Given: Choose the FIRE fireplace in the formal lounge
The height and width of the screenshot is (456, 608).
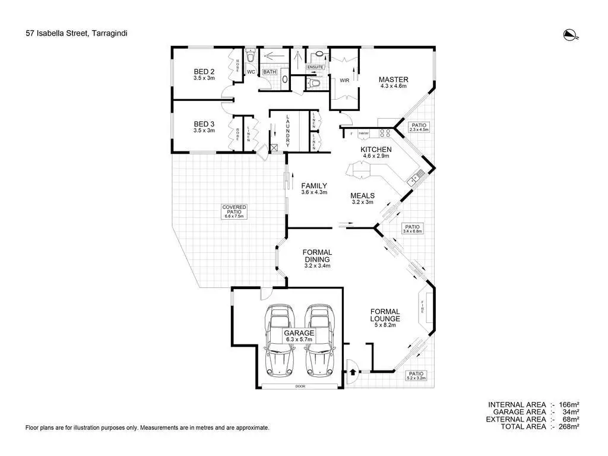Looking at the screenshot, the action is [x=423, y=308].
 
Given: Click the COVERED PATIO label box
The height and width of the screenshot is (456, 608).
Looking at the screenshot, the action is [x=235, y=212].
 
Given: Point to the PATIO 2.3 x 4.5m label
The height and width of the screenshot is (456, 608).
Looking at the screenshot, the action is [x=419, y=127].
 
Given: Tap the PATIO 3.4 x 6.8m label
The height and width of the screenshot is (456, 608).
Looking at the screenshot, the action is [x=412, y=229].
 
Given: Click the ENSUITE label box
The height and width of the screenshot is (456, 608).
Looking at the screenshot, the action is [x=315, y=68].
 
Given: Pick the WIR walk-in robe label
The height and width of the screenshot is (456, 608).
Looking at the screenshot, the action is [x=344, y=80].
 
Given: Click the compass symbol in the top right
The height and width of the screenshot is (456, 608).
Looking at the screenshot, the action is [x=570, y=35].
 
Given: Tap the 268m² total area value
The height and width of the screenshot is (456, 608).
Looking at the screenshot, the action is [x=568, y=426].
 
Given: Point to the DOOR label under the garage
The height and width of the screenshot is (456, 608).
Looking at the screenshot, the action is [x=300, y=386].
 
